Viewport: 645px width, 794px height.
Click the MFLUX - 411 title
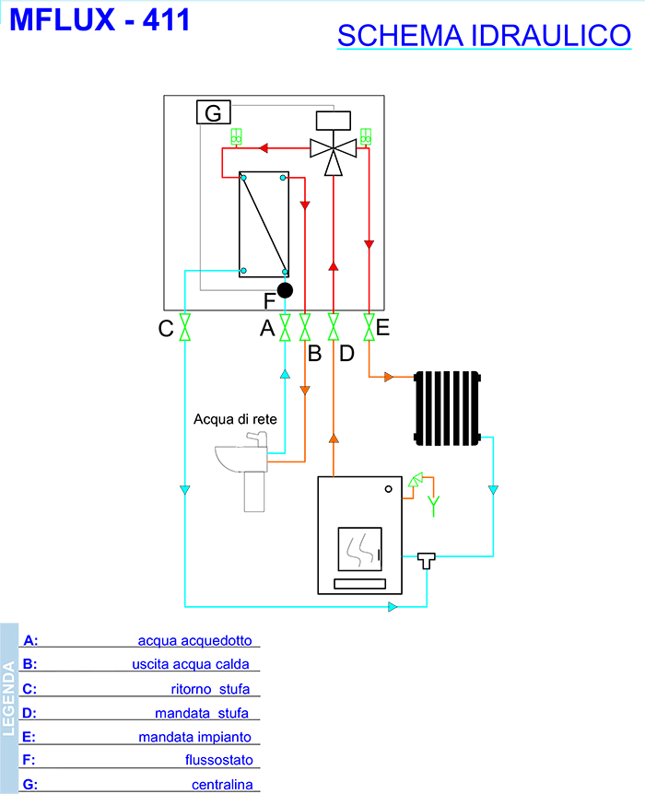(100, 20)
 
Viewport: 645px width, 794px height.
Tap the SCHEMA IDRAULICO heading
(484, 36)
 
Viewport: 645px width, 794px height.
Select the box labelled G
(213, 112)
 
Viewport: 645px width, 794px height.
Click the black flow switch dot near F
(286, 290)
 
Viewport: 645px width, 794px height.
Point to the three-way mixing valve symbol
(334, 149)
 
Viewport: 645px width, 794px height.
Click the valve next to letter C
(185, 327)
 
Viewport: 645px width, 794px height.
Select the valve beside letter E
(369, 327)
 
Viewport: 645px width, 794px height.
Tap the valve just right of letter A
(286, 327)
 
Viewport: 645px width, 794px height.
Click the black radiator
(449, 406)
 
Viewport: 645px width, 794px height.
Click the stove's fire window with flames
(359, 550)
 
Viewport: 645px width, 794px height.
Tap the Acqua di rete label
(235, 419)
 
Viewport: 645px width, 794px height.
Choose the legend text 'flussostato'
(218, 761)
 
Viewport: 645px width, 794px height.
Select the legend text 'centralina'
(221, 785)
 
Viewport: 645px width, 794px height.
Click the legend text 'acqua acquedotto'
(193, 640)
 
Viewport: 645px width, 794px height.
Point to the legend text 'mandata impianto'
(194, 737)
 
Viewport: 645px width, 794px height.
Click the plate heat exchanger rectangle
(264, 224)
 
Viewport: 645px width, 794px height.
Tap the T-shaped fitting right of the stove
(427, 558)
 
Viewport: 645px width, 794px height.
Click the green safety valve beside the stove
(416, 480)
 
